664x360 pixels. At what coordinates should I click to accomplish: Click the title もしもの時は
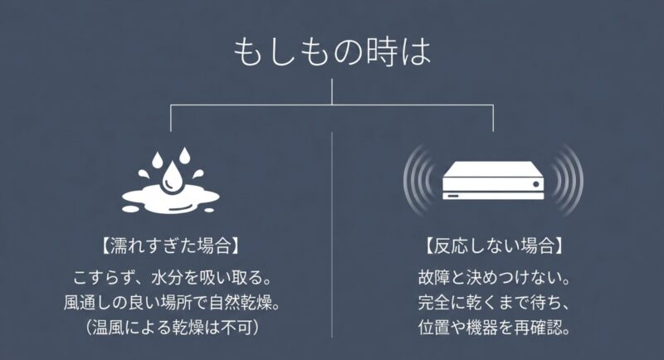click(x=332, y=51)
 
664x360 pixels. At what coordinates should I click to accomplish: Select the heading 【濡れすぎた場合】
click(x=171, y=246)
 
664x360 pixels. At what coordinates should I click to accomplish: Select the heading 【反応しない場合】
click(x=493, y=246)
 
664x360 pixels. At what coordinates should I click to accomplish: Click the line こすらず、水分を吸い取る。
click(x=171, y=276)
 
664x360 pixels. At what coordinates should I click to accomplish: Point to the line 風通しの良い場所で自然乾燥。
click(x=171, y=301)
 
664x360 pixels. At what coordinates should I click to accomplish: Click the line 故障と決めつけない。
click(x=493, y=276)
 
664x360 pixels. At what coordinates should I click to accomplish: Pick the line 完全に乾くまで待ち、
click(x=493, y=301)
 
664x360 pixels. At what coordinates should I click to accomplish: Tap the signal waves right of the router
click(x=569, y=180)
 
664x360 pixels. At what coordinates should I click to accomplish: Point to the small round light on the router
click(x=537, y=183)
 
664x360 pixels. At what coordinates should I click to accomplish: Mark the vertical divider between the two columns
click(x=332, y=232)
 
